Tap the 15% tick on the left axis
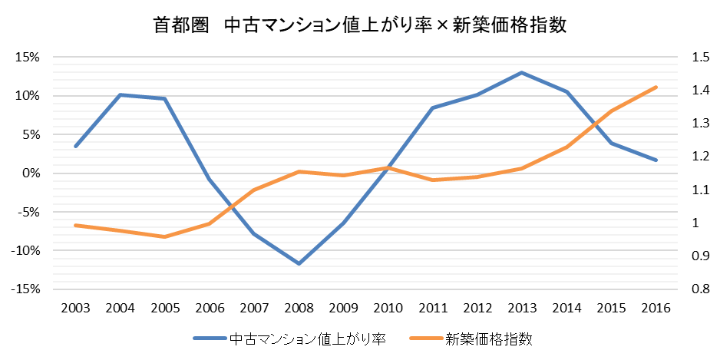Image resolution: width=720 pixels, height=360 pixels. (28, 58)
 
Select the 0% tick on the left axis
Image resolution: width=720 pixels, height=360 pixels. (31, 173)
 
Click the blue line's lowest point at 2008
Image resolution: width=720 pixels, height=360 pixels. (299, 263)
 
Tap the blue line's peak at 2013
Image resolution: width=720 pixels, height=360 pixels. (522, 73)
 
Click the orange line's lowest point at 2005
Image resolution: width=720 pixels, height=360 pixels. (164, 236)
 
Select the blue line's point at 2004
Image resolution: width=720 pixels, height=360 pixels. (120, 94)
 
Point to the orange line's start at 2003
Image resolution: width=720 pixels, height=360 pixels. (75, 225)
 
